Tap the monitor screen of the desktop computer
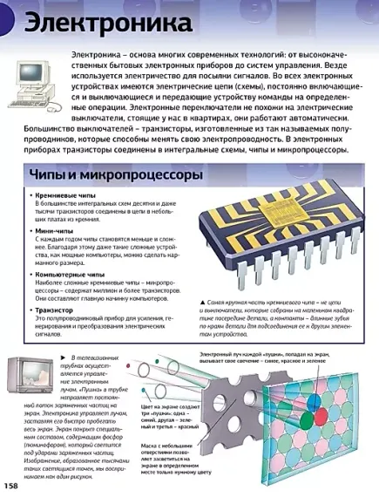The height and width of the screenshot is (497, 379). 31,78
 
